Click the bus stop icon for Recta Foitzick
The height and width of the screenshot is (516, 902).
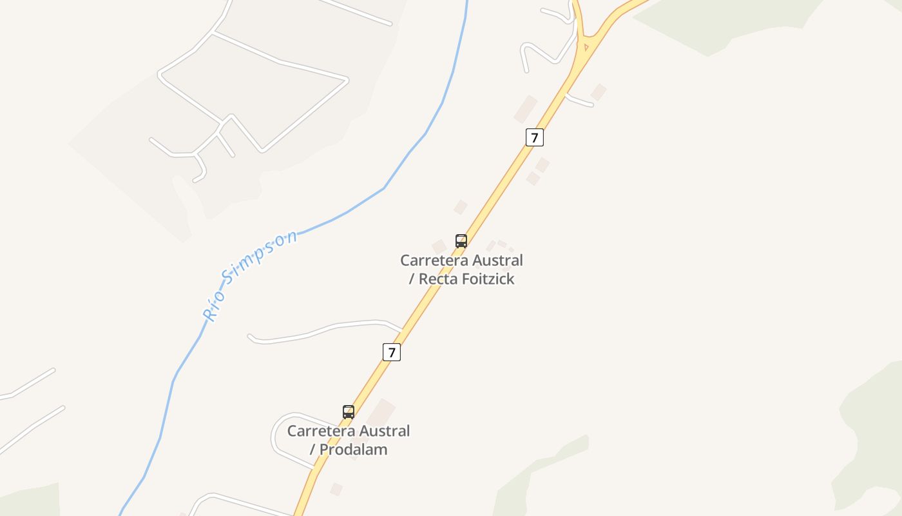461,241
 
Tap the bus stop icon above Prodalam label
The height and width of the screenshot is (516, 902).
349,412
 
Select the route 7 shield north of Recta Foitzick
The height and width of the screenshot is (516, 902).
534,137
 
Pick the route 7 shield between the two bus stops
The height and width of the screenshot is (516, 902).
392,352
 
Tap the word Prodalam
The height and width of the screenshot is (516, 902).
353,450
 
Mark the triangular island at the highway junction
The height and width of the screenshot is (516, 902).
586,46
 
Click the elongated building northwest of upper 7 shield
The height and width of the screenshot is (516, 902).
525,108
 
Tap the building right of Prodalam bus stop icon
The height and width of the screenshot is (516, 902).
381,410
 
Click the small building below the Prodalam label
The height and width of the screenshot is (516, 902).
336,490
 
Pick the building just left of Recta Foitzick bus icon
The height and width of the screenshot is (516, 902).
439,246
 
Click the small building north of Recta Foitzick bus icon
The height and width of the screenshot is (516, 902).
460,207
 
